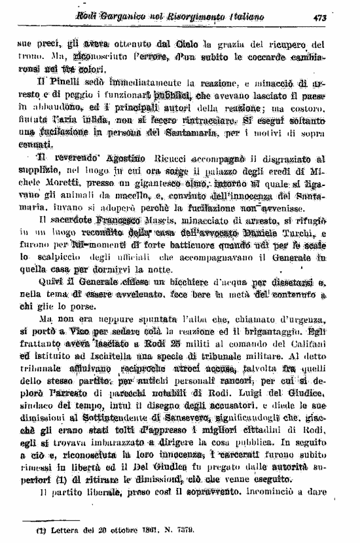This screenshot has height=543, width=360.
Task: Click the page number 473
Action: click(x=319, y=17)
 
